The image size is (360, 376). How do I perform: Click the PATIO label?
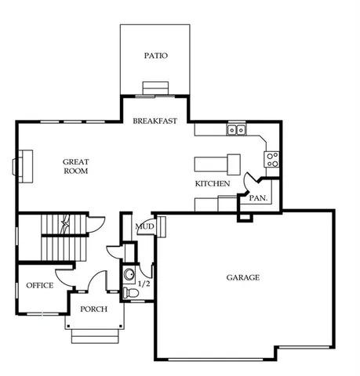coord(155,56)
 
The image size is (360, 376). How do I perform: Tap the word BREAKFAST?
coord(155,121)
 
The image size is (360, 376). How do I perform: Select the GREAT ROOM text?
coord(75,166)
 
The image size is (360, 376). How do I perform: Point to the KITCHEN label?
coord(212,184)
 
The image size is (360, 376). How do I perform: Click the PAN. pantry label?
coord(258,198)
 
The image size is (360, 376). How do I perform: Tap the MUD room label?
coord(144,227)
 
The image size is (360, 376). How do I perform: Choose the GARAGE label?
coord(243,277)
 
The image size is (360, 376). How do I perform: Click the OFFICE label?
coord(39,285)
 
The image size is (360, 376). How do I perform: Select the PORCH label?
coord(94,309)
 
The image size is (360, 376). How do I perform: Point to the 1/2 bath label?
coord(144,284)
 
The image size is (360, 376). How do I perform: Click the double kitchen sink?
coord(236,131)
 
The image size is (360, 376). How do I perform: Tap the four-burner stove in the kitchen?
coord(272,160)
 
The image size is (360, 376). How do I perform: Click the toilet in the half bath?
coord(132,292)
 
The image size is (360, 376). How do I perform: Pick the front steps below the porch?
coord(94,336)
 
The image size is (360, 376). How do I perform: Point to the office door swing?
coord(64,277)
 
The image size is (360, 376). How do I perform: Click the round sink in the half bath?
coord(129,275)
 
